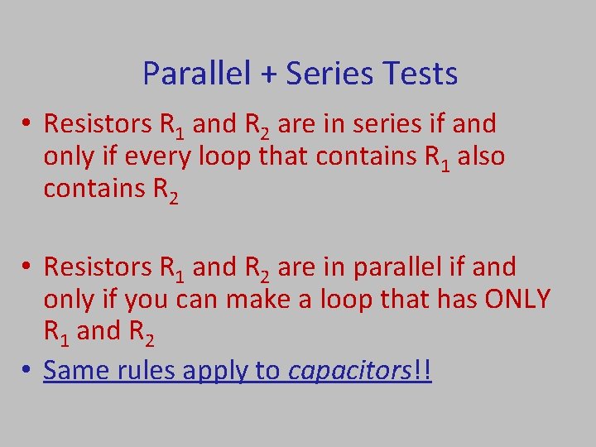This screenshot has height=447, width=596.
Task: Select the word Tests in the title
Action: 421,74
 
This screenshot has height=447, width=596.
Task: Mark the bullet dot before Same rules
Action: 28,371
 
